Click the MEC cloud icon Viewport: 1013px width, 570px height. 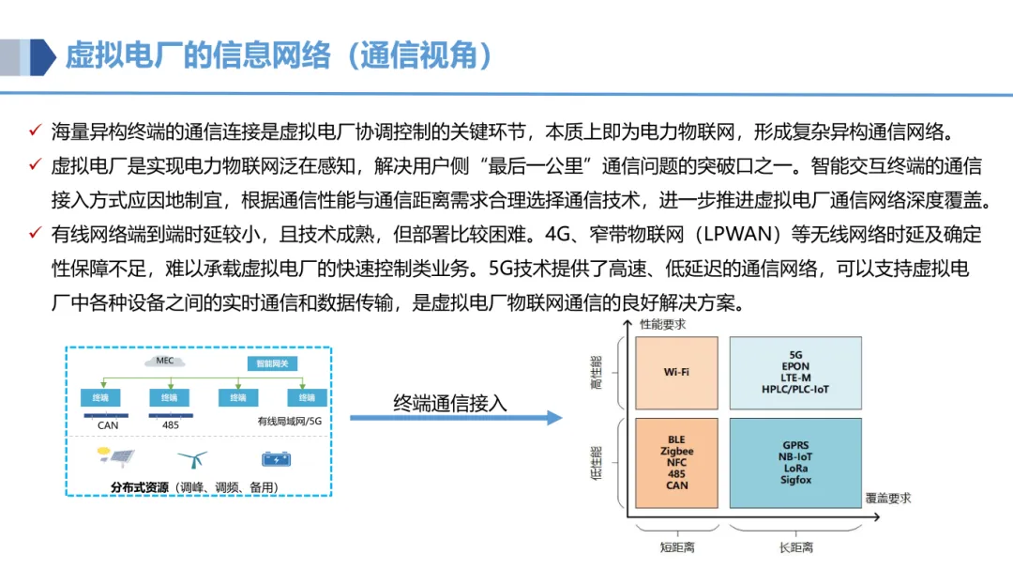(165, 361)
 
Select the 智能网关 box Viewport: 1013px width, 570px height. (268, 362)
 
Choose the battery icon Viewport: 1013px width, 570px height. (276, 459)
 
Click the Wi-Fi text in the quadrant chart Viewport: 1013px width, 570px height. (676, 372)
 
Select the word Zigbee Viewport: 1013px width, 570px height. (676, 452)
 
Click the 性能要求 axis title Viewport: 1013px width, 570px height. (662, 324)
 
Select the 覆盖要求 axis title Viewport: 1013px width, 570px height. (887, 499)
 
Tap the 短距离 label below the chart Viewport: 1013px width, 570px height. (676, 547)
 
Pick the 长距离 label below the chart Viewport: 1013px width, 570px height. (795, 547)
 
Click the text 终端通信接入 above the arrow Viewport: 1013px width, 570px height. (449, 403)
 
